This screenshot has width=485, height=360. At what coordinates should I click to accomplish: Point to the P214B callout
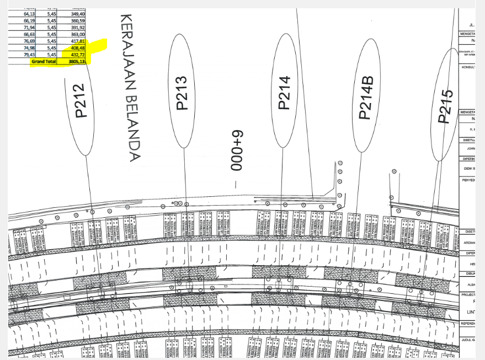point(366,96)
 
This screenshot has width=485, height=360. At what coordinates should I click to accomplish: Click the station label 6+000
point(236,151)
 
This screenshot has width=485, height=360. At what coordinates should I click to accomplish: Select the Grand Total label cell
point(44,62)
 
